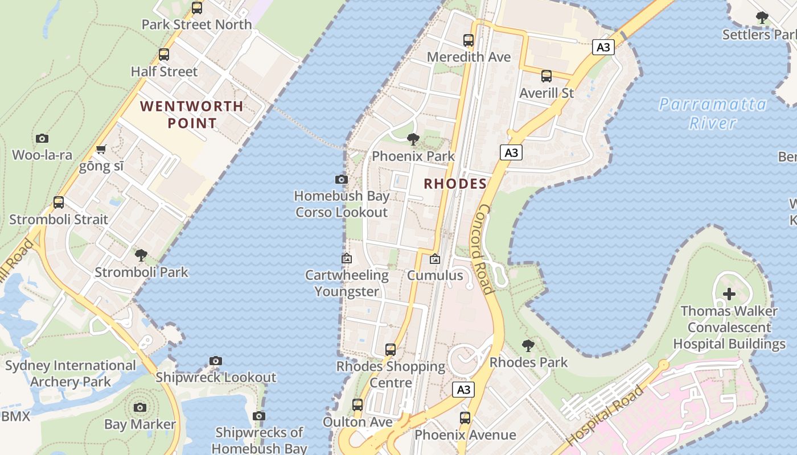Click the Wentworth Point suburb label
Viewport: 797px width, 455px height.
pyautogui.click(x=192, y=114)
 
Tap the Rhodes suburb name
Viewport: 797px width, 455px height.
pyautogui.click(x=455, y=184)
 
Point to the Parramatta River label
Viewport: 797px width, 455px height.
pyautogui.click(x=713, y=113)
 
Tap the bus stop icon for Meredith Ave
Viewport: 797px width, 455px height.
pyautogui.click(x=469, y=40)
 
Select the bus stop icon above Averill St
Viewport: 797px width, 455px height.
pyautogui.click(x=547, y=76)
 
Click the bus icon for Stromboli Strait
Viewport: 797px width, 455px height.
pyautogui.click(x=59, y=202)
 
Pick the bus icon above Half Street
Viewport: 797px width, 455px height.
pyautogui.click(x=164, y=55)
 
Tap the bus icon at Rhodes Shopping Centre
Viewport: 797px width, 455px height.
pyautogui.click(x=391, y=349)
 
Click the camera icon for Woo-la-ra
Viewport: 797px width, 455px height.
pyautogui.click(x=42, y=138)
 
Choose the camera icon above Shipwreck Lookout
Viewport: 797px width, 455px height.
pyautogui.click(x=215, y=361)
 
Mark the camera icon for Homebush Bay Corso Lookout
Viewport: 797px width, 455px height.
pyautogui.click(x=342, y=180)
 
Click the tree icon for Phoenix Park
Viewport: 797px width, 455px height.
pyautogui.click(x=413, y=139)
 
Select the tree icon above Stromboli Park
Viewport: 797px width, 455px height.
pyautogui.click(x=141, y=255)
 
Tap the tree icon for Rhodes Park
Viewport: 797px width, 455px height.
pyautogui.click(x=528, y=345)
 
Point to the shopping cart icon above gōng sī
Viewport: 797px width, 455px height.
pyautogui.click(x=101, y=150)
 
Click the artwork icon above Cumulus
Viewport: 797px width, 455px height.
pyautogui.click(x=435, y=259)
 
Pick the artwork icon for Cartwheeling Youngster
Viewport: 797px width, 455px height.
pyautogui.click(x=346, y=258)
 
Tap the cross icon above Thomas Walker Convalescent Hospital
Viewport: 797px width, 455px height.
pyautogui.click(x=729, y=294)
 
